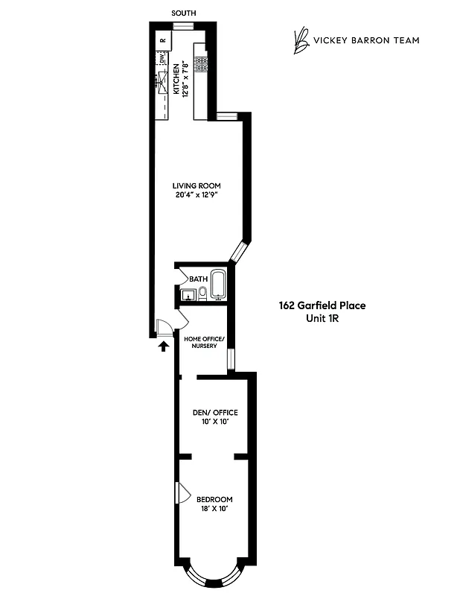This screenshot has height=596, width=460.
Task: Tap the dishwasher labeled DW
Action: pos(161,58)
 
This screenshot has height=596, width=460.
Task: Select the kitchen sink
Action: pos(161,79)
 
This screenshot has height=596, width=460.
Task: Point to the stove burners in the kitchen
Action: pos(200,63)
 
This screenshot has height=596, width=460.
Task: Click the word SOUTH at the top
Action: pos(184,13)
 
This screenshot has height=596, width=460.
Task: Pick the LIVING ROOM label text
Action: pos(197,186)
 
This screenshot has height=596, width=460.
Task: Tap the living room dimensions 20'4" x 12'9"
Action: pos(197,196)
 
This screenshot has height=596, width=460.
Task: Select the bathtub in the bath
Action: pos(219,286)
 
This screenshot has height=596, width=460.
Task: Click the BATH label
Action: pos(198,279)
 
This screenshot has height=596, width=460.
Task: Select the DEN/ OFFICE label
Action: pos(214,413)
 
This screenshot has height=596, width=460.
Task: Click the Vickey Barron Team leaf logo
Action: pos(301,41)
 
